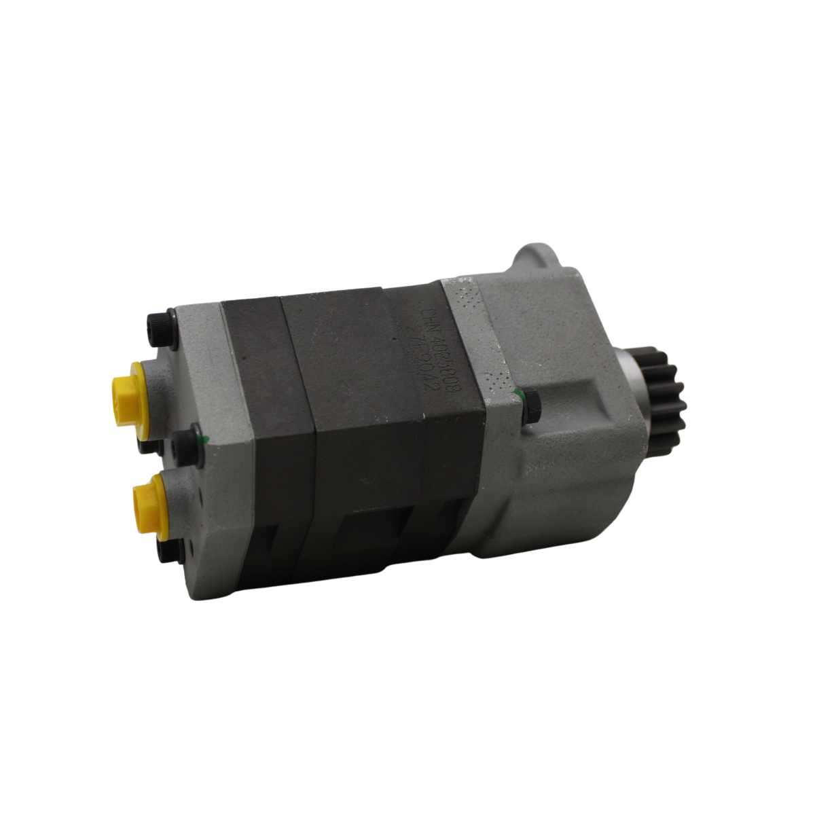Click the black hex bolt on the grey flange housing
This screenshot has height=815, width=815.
point(530,405)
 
